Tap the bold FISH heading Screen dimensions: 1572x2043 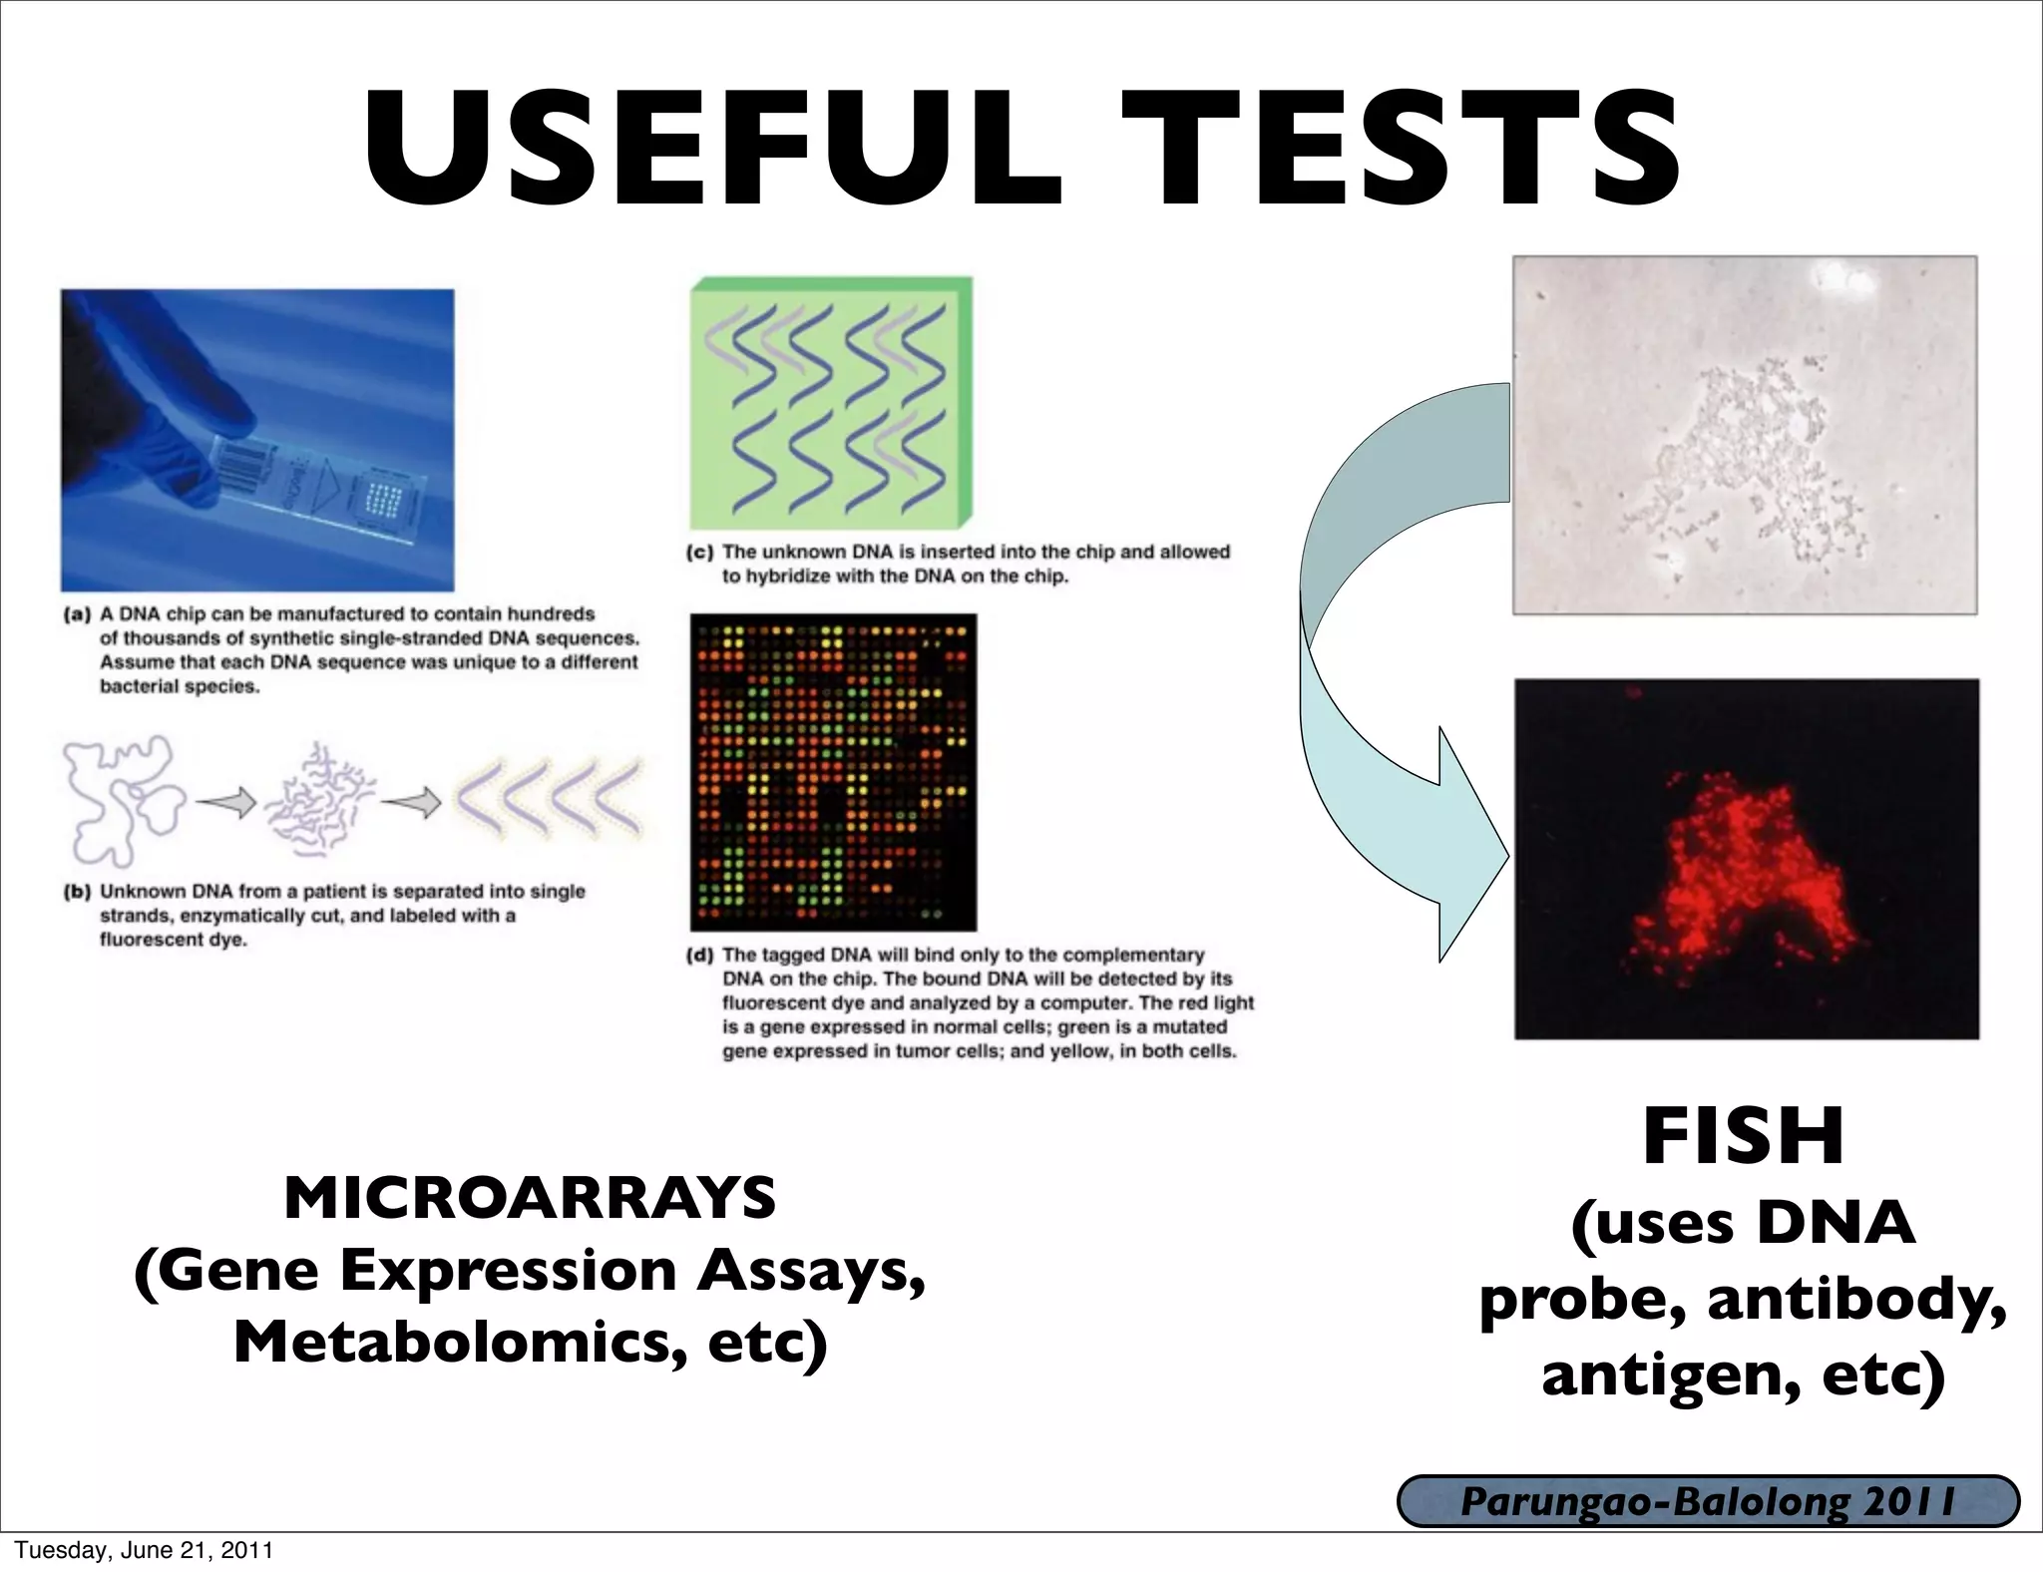[x=1744, y=1137]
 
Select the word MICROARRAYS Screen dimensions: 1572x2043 [x=530, y=1198]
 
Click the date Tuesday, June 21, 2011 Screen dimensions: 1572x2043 [x=143, y=1550]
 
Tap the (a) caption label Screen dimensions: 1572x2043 [x=77, y=614]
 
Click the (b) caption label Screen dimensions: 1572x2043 [x=77, y=892]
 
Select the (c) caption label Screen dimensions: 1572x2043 [x=700, y=553]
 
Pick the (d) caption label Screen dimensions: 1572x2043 [x=700, y=956]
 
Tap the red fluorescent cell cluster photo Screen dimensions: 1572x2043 [x=1746, y=860]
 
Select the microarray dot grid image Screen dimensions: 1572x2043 [x=833, y=772]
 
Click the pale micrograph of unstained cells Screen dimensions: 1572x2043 [x=1745, y=435]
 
